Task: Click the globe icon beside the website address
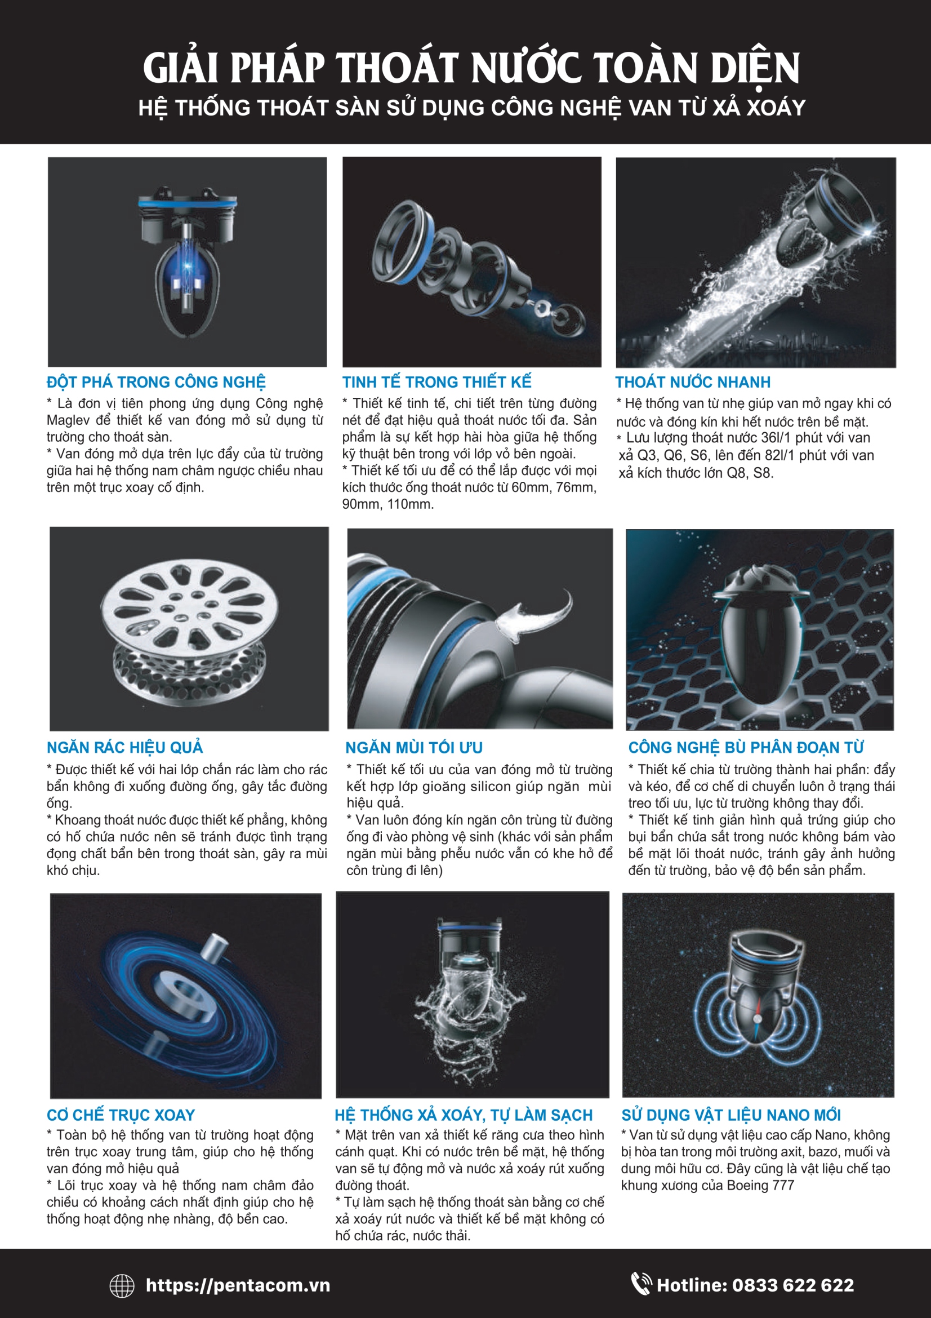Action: coord(122,1285)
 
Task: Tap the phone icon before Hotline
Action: coord(641,1284)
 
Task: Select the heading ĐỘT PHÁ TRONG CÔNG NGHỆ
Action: coord(156,381)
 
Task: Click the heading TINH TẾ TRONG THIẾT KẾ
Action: coord(437,381)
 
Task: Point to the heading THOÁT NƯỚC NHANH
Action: coord(693,381)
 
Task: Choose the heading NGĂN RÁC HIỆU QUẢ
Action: coord(125,747)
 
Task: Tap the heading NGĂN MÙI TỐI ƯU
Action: coord(414,747)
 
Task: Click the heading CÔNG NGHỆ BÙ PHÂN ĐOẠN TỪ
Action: coord(746,747)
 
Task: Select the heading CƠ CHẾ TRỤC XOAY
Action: coord(121,1115)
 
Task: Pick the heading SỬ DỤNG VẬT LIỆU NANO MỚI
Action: coord(732,1115)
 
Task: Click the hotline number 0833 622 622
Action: coord(794,1285)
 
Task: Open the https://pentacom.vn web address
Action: coord(238,1285)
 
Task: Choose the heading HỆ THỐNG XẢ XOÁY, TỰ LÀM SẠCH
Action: coord(464,1115)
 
